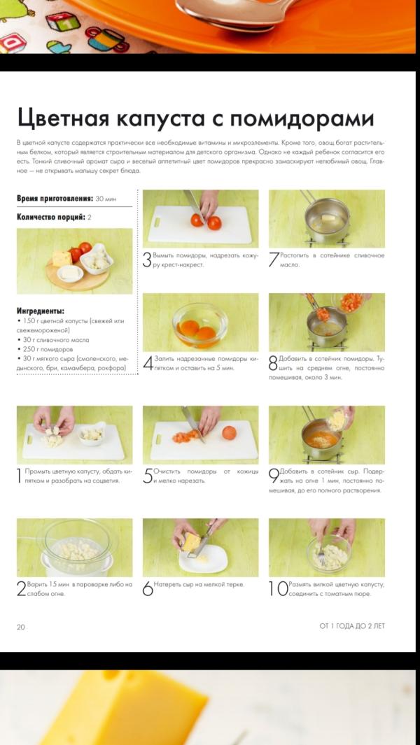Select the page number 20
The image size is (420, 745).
click(20, 627)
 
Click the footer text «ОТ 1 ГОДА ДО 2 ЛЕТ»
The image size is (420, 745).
click(352, 626)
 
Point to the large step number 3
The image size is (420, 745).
click(148, 260)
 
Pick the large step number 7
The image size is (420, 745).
click(274, 260)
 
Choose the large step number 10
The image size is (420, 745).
click(279, 589)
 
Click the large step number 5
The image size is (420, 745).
click(148, 476)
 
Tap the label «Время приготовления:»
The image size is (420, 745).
click(55, 198)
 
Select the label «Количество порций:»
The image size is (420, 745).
click(51, 217)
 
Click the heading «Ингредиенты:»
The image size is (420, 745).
click(41, 311)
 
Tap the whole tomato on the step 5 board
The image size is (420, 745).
click(230, 432)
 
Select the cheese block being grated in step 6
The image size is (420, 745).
click(192, 541)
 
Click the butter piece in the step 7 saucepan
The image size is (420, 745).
click(329, 218)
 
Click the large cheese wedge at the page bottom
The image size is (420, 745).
click(124, 708)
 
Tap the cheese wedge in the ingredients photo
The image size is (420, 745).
click(62, 258)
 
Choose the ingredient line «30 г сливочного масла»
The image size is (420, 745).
click(52, 340)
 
